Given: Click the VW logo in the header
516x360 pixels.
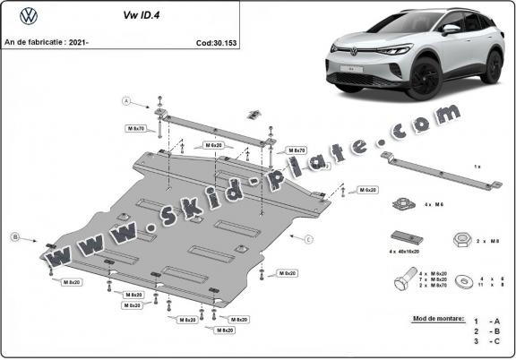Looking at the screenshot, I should (27, 14).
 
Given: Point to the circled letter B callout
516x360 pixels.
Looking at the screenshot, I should (15, 237).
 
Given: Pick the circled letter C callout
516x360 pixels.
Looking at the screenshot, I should (308, 239).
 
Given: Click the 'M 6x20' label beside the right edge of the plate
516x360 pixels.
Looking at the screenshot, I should (367, 190).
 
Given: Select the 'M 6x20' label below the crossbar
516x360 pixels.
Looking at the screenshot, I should (212, 144).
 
